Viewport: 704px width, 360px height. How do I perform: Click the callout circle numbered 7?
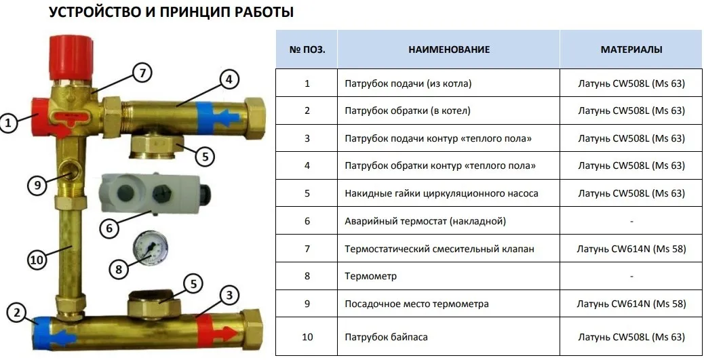tap(142, 73)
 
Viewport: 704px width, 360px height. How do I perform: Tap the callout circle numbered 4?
tap(229, 80)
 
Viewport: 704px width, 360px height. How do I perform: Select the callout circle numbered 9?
tap(37, 185)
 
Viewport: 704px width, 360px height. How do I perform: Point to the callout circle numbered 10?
tap(37, 260)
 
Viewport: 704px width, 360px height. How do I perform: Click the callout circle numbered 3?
tap(229, 296)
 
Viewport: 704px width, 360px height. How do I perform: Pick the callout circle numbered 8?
tap(119, 269)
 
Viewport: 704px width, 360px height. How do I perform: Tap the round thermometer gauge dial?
tap(151, 247)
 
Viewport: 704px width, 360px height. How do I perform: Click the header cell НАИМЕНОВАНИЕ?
tap(448, 49)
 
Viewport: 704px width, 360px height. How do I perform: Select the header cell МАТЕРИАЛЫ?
tap(631, 49)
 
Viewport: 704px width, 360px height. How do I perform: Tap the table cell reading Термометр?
tap(448, 276)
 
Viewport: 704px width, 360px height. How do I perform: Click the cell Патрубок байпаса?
tap(448, 337)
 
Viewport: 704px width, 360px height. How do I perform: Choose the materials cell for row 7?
tap(631, 249)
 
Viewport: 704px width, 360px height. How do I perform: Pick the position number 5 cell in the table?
tap(307, 193)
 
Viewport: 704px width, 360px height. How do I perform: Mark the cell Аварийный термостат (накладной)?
tap(448, 221)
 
